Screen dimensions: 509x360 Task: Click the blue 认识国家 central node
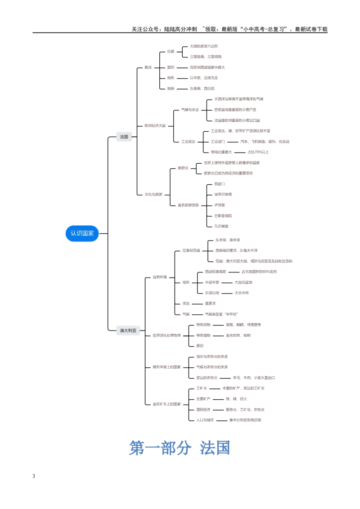click(82, 233)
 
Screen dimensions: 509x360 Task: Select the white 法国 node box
click(124, 137)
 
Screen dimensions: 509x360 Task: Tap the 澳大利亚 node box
click(128, 331)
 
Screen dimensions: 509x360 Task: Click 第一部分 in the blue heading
click(160, 448)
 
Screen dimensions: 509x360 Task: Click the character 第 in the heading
click(135, 448)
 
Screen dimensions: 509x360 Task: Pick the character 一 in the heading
click(152, 448)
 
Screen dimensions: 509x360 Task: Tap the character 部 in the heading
click(168, 448)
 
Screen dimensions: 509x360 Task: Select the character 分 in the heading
click(185, 448)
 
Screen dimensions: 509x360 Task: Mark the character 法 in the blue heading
click(207, 448)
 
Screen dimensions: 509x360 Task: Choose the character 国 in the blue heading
click(223, 448)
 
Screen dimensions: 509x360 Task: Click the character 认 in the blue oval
click(73, 233)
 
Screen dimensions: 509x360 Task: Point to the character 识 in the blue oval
click(79, 233)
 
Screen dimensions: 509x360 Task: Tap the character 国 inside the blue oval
click(85, 233)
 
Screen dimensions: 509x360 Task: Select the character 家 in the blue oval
click(91, 233)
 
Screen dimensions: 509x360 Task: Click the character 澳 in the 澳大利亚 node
click(121, 331)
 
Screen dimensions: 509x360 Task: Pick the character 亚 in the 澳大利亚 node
click(134, 331)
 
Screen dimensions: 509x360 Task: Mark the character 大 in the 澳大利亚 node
click(126, 331)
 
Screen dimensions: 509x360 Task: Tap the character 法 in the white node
click(122, 137)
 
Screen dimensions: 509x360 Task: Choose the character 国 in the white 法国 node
click(126, 137)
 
